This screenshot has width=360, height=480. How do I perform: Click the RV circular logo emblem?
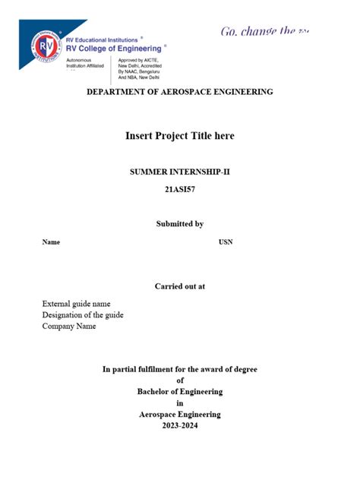(47, 48)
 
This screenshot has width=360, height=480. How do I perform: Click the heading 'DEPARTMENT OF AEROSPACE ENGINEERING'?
(180, 92)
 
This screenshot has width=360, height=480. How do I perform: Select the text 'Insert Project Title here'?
(180, 136)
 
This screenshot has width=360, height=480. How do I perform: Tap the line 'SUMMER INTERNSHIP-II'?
(180, 172)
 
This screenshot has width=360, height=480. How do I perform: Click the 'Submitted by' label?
(180, 223)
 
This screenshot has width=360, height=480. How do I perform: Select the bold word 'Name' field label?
(51, 242)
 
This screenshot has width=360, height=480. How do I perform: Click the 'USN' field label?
(226, 242)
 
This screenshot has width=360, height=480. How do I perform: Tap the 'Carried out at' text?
(180, 286)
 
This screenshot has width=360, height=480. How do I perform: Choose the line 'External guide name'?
(81, 304)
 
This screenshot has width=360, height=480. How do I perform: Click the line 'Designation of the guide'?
(83, 315)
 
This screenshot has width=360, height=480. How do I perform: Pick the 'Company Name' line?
(69, 327)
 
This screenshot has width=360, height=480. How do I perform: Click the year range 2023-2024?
(180, 426)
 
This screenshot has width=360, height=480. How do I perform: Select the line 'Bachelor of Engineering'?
(180, 392)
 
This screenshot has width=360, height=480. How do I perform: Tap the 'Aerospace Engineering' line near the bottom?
(180, 415)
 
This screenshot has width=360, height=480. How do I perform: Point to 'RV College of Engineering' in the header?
(113, 47)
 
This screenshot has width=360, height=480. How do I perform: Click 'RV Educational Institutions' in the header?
(102, 39)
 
